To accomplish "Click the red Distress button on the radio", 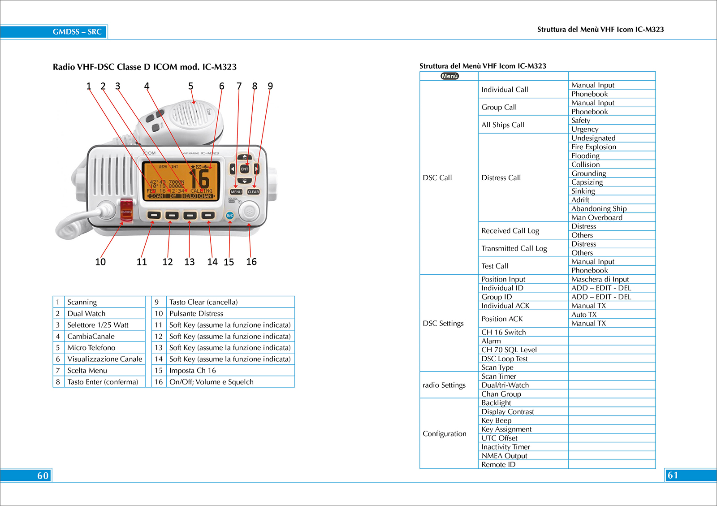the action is [126, 210].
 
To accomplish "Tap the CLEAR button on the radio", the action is [253, 192].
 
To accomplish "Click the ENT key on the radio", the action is [245, 169].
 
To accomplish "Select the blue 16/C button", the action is [229, 216].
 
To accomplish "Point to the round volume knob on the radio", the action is [249, 211].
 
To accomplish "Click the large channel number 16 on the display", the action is [200, 178].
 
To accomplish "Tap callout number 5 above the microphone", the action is [191, 86].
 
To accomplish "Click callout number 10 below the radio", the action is [100, 262].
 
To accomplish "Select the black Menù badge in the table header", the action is [449, 76].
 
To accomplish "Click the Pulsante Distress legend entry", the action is [196, 313].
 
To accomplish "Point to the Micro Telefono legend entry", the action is [91, 348].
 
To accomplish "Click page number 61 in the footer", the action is [673, 475].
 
